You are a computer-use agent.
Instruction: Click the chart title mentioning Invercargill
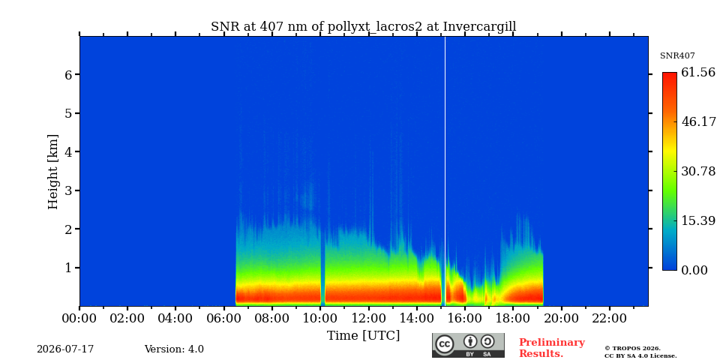[363, 27]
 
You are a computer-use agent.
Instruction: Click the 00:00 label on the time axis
[79, 318]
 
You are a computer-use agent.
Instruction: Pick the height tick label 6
[68, 75]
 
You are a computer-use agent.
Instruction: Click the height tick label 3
[68, 190]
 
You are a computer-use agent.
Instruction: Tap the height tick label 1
[68, 268]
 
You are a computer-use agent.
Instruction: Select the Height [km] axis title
[54, 172]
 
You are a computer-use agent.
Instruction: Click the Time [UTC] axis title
[363, 336]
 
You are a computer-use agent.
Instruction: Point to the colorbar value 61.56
[698, 72]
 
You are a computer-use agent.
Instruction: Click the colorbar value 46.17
[698, 121]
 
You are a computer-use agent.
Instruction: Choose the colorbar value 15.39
[698, 220]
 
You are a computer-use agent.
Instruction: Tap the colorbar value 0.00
[694, 270]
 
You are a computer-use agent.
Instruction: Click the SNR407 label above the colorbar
[677, 56]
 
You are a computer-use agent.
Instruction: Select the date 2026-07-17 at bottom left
[65, 349]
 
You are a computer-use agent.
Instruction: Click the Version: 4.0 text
[174, 349]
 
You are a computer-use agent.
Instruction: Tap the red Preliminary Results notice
[551, 348]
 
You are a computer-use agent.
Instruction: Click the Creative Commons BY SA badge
[468, 345]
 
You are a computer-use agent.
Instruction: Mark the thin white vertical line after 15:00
[445, 171]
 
